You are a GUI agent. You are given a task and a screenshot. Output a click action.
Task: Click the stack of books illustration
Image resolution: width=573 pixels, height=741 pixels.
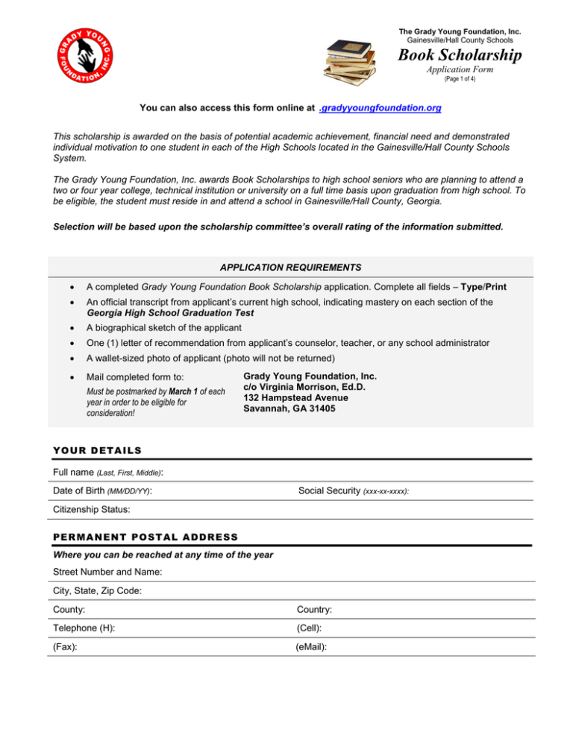pos(348,60)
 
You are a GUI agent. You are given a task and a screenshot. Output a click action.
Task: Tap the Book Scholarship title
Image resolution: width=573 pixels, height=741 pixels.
pos(460,55)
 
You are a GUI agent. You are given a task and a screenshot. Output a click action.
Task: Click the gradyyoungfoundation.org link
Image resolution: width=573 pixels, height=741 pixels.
pos(379,108)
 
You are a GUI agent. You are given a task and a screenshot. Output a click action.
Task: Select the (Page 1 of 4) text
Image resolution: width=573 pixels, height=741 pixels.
pos(460,78)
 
